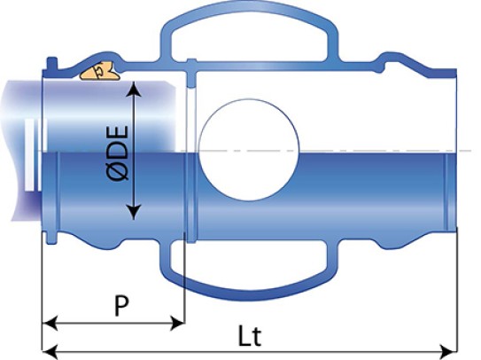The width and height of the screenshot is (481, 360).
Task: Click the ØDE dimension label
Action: coord(118,153)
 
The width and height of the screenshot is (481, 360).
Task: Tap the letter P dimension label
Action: coord(121,306)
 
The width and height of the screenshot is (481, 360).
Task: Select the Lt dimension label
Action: coord(250,336)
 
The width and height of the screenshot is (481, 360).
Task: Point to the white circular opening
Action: coord(249,150)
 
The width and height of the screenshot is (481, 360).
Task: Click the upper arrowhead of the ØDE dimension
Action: coord(134,88)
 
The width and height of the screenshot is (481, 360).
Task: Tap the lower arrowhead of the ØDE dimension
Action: coord(134,213)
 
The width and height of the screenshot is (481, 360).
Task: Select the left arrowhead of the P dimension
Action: coord(49,323)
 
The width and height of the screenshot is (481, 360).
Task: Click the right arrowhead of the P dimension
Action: coord(177,323)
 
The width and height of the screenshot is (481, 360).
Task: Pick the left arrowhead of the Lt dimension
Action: coord(49,351)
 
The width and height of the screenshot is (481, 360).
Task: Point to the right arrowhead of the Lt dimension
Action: coord(449,351)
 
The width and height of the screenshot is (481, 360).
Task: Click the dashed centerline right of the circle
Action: coord(385,151)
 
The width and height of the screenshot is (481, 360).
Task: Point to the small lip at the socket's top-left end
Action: coord(51,64)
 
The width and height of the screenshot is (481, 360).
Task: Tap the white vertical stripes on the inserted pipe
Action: coord(34,154)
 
